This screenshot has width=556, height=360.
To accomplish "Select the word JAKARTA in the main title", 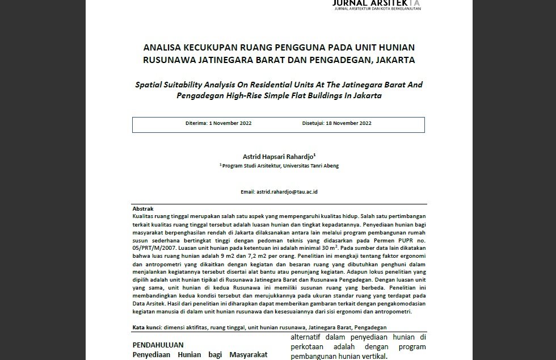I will (395, 60).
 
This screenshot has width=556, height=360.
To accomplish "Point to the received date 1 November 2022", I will (230, 123).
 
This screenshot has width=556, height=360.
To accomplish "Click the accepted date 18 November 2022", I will (348, 123).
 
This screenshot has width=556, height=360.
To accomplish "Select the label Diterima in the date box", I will (196, 123).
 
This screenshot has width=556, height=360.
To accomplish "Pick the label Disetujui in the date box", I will (313, 123).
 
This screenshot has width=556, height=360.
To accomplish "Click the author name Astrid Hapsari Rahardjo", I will (278, 156).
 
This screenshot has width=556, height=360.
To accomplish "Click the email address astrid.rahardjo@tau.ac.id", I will (287, 192).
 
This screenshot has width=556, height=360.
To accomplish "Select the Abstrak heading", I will (143, 209).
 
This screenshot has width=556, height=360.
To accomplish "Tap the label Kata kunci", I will (146, 328).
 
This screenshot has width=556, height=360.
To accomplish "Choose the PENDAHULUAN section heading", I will (158, 345).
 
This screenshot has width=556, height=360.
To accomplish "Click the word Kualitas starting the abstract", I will (144, 217).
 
